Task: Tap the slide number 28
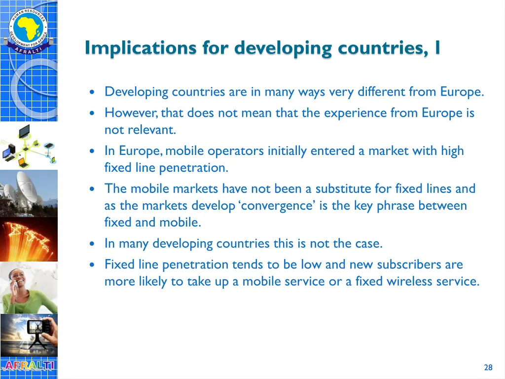tap(488, 367)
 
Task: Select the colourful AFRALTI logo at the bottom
tap(29, 366)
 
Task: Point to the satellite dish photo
tap(29, 192)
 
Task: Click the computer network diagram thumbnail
tap(29, 146)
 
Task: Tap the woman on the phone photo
tap(29, 288)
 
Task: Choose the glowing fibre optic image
tap(29, 240)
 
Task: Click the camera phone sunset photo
tap(29, 335)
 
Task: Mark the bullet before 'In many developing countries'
tap(93, 244)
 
